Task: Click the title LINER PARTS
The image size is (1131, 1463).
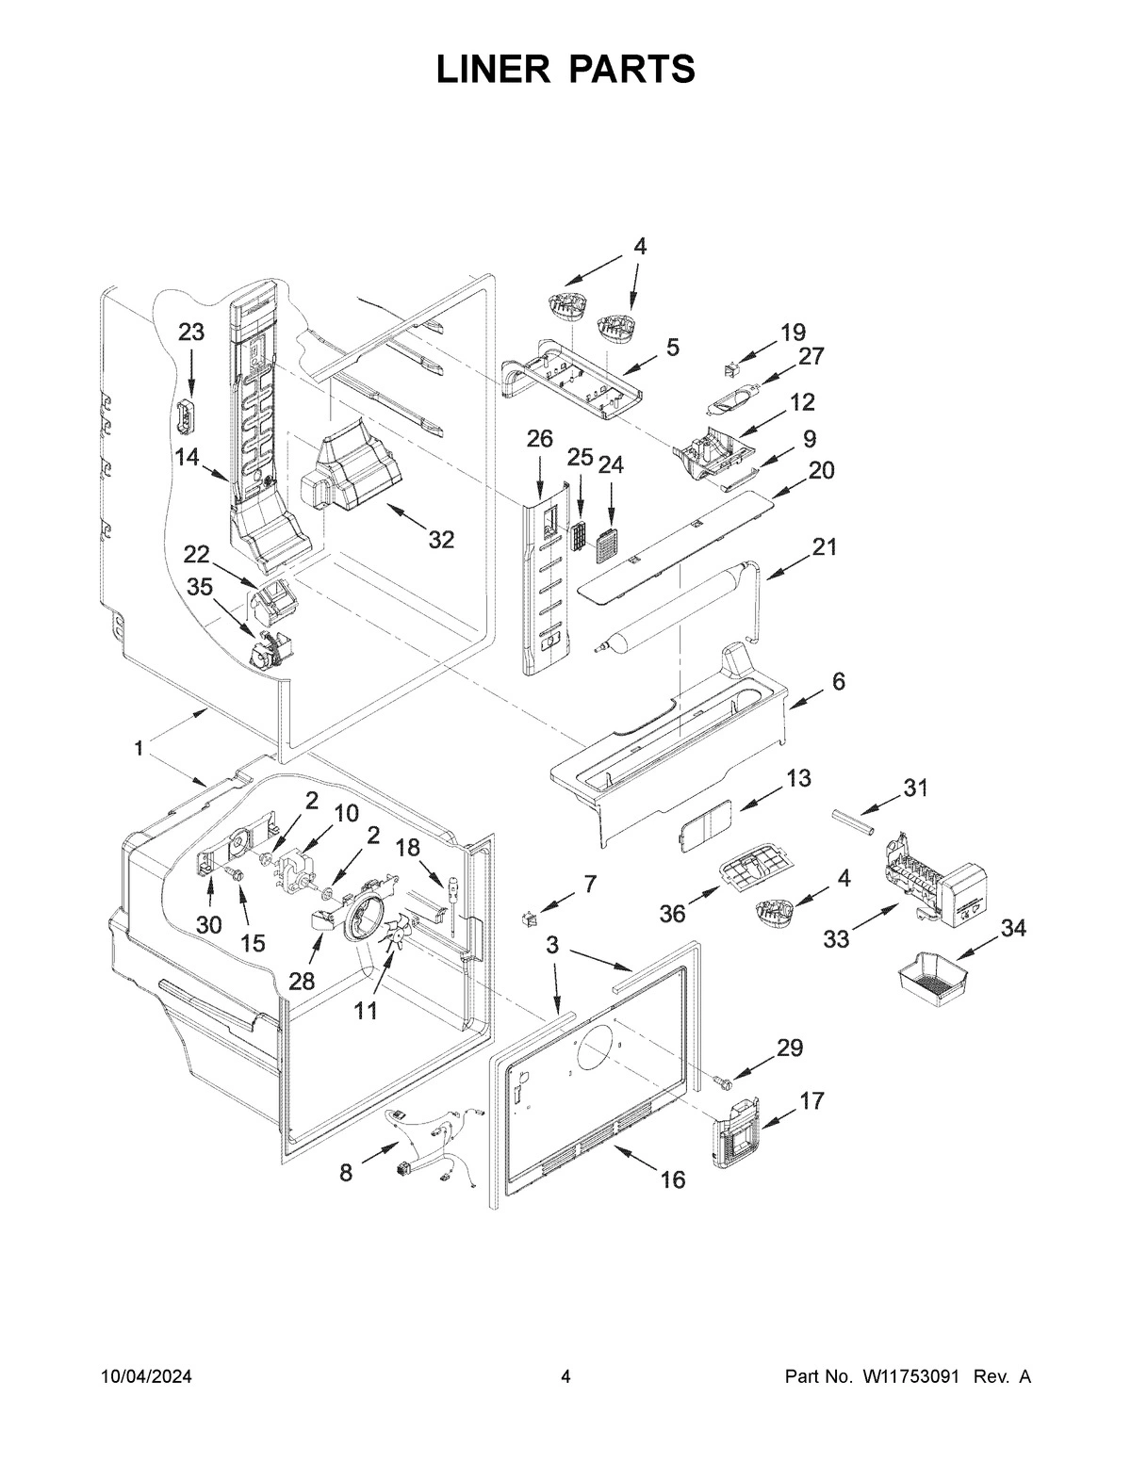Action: point(565,70)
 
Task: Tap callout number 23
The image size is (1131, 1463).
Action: point(191,333)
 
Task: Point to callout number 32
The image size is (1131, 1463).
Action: point(440,540)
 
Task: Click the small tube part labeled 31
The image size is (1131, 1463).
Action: point(853,821)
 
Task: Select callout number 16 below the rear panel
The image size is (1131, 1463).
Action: point(673,1179)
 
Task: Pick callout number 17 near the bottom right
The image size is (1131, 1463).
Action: point(811,1100)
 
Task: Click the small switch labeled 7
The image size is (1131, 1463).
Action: point(531,916)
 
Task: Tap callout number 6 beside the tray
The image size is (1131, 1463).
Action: point(838,681)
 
